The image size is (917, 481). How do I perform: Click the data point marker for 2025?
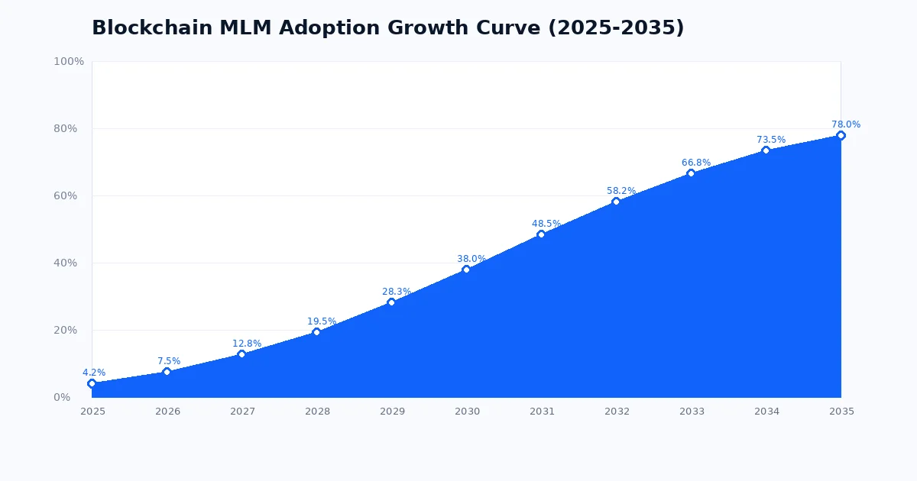92,383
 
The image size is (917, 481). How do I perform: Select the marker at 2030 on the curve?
466,270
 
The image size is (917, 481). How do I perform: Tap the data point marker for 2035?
841,135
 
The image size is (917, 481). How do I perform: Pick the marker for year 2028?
316,332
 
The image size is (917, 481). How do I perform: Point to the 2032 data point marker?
616,202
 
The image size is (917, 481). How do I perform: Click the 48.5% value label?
546,224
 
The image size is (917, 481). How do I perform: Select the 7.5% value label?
169,361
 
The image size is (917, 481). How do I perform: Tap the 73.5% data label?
771,140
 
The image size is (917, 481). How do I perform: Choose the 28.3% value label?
397,292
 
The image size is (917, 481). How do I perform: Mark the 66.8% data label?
696,163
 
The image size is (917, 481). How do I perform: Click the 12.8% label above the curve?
247,344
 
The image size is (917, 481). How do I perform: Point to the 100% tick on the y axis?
69,61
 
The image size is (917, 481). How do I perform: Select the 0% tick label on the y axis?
62,397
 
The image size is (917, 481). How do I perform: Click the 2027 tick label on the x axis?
242,412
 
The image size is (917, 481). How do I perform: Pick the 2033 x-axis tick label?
692,412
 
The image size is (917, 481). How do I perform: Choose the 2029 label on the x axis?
392,412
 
